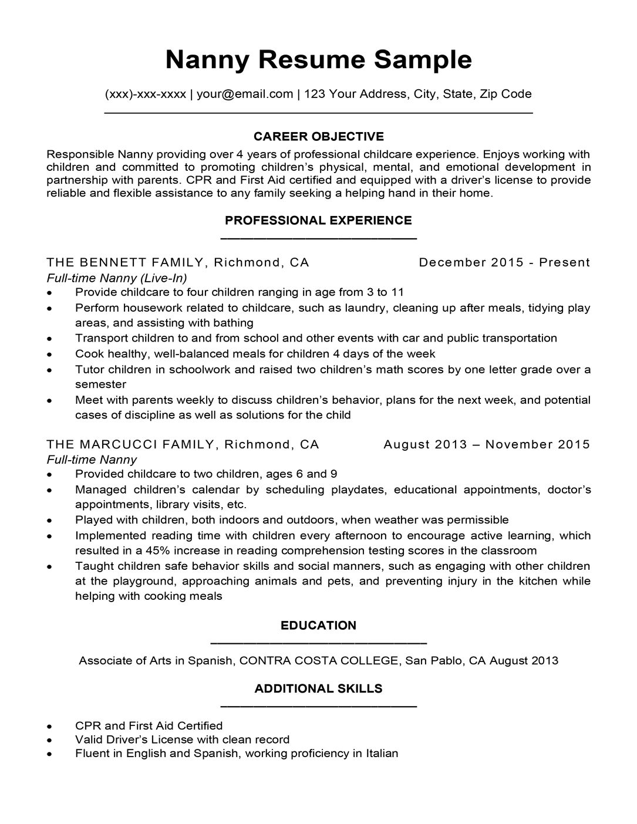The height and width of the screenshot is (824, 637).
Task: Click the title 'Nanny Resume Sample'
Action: click(318, 60)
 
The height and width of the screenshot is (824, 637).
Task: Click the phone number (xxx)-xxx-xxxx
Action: click(146, 94)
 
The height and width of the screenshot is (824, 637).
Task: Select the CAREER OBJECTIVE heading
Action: click(318, 137)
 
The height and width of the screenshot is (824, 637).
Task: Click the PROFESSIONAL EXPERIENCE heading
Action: click(318, 221)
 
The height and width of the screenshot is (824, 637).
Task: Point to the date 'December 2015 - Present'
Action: click(504, 262)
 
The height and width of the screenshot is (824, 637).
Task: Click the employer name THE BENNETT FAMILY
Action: click(126, 262)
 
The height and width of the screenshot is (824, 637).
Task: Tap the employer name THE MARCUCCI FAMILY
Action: click(131, 444)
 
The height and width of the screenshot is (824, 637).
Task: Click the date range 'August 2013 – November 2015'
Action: click(486, 444)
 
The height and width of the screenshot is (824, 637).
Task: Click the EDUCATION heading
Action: click(318, 626)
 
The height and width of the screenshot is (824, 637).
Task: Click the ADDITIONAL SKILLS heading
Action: click(318, 689)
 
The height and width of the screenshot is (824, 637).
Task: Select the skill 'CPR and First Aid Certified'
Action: click(149, 726)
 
